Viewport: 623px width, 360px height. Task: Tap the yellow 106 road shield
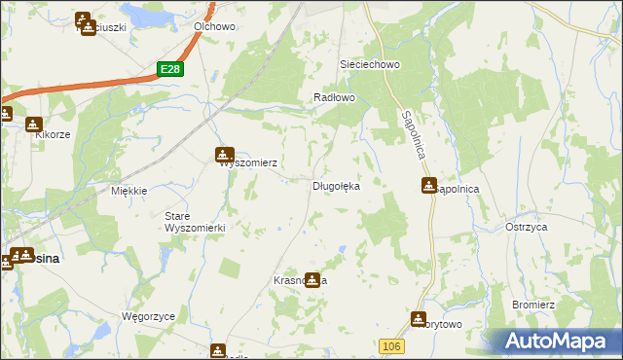(x=391, y=346)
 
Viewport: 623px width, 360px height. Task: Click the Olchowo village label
(x=215, y=27)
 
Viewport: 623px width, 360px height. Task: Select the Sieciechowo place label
(x=370, y=64)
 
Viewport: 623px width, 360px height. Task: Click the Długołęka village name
(x=336, y=186)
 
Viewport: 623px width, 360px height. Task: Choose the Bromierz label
(x=534, y=306)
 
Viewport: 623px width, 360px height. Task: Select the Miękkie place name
(x=128, y=191)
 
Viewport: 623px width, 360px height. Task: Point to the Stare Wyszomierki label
(x=195, y=221)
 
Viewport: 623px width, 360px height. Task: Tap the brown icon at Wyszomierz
(x=225, y=153)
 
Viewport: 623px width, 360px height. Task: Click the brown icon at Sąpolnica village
(x=428, y=185)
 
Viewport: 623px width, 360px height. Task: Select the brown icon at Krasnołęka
(x=311, y=279)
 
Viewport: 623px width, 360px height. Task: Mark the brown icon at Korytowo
(x=419, y=317)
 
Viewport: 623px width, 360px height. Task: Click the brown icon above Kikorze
(x=35, y=125)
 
